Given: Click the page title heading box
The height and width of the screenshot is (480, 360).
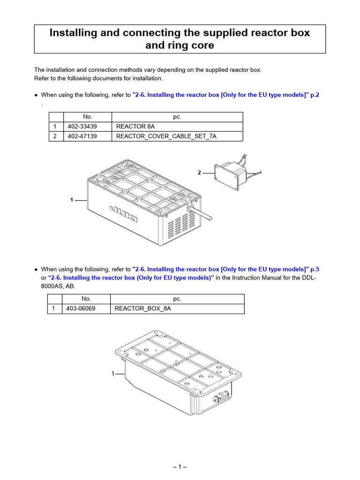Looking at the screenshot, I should click(x=180, y=39).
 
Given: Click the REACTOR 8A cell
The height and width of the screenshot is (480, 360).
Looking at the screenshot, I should click(x=176, y=127).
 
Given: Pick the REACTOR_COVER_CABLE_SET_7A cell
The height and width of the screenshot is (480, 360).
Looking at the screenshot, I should click(x=176, y=136).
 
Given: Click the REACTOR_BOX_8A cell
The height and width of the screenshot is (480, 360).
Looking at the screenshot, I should click(x=177, y=309).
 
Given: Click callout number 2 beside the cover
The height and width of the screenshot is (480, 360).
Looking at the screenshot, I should click(x=199, y=173).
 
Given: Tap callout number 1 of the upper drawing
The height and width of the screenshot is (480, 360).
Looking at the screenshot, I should click(x=72, y=200).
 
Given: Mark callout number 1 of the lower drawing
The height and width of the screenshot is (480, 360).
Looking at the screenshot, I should click(x=113, y=374).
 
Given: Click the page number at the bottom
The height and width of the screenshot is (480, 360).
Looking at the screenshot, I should click(x=180, y=467).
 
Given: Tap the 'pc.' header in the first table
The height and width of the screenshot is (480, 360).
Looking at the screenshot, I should click(x=176, y=117).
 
